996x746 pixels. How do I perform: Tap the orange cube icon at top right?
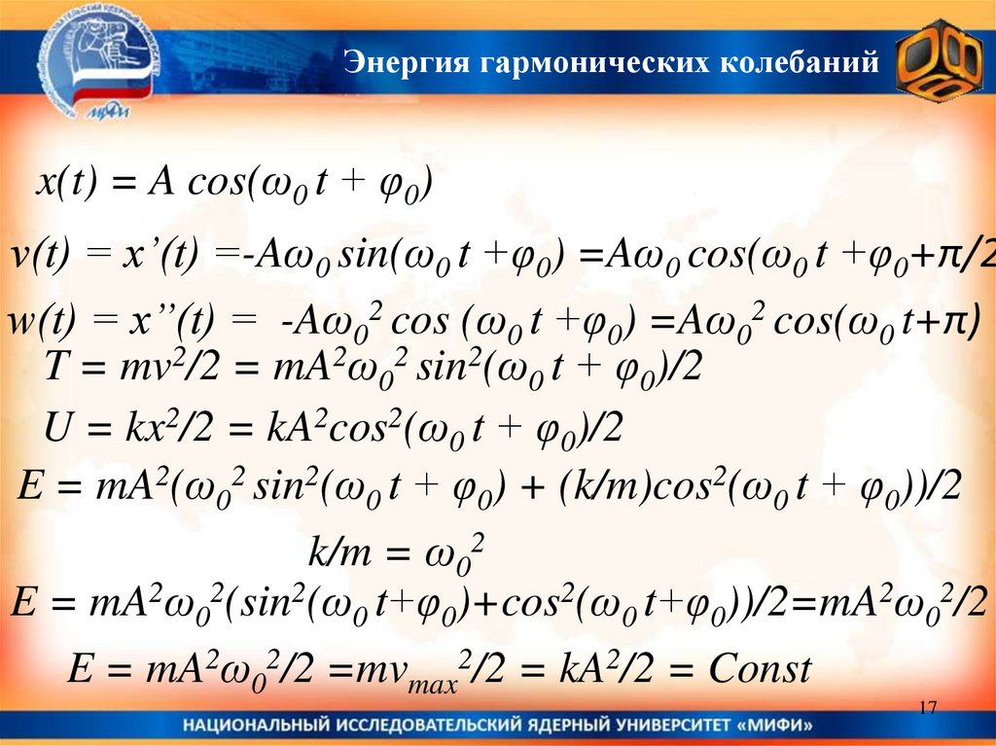(x=938, y=67)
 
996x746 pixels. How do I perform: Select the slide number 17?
(x=927, y=707)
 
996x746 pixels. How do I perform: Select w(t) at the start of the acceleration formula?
(x=38, y=322)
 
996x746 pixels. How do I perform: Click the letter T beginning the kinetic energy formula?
(x=55, y=369)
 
